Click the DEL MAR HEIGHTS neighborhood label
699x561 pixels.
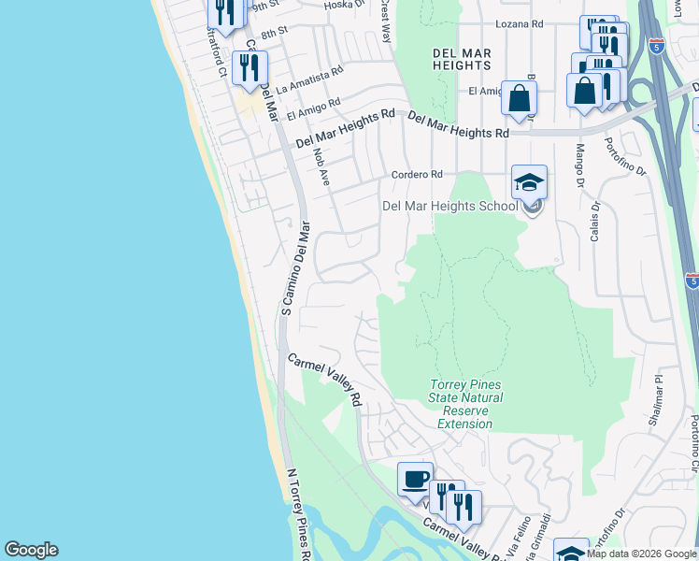tap(462, 60)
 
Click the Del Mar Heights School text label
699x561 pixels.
tap(449, 207)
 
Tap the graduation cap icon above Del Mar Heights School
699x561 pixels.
tap(530, 182)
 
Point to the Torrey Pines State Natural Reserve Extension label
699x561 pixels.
tap(465, 404)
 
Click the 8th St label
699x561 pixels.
tap(273, 34)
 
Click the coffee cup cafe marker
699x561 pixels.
tap(415, 480)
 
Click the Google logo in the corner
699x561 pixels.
tap(31, 550)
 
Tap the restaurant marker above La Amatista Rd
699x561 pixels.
tap(250, 67)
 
